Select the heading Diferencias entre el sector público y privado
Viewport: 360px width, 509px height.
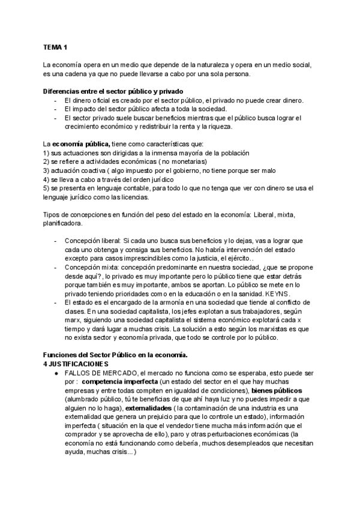pyautogui.click(x=107, y=91)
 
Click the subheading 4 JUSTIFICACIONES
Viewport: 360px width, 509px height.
pyautogui.click(x=76, y=365)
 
